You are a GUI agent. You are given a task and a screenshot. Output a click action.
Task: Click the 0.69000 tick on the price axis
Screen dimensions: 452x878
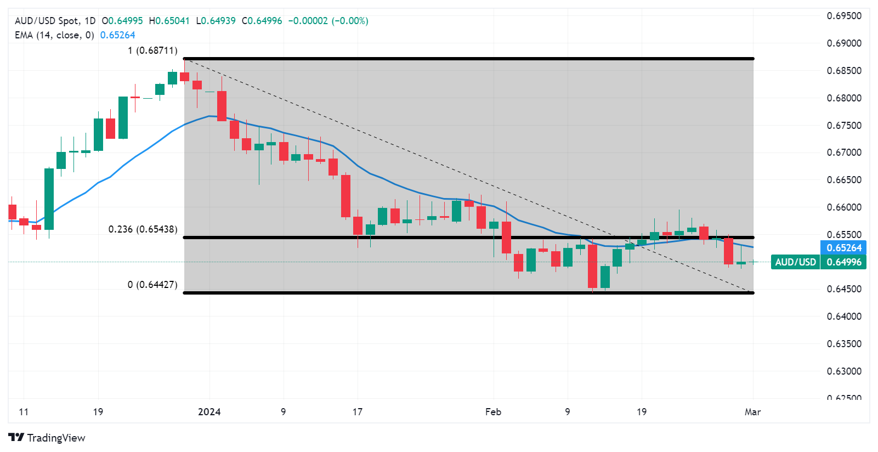point(843,43)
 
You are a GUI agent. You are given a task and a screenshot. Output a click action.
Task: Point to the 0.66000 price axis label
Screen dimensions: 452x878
point(843,207)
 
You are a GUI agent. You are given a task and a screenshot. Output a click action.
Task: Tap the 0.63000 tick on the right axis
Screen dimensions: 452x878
point(843,371)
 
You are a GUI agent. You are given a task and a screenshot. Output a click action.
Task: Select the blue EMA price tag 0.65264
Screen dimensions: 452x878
point(843,248)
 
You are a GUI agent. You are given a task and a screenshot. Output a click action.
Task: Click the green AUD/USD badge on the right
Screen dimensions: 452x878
point(795,262)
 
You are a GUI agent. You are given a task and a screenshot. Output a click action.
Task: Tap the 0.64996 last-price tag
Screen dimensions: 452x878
point(843,262)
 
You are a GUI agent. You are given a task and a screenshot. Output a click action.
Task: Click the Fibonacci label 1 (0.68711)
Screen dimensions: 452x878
point(152,50)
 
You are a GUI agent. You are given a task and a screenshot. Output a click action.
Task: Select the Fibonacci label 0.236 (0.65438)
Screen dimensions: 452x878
point(143,229)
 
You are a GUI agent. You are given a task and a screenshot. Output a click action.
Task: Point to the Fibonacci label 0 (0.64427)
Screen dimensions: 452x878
point(152,285)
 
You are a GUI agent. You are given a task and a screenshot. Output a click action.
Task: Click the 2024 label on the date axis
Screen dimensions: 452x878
point(209,412)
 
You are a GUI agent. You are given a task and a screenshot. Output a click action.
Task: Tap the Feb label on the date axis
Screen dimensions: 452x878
point(493,412)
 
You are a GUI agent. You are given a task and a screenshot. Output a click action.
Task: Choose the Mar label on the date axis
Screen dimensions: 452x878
point(752,412)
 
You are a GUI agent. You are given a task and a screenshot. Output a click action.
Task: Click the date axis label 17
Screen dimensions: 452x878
point(358,412)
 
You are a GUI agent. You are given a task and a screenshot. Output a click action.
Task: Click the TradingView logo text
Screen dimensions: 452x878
point(56,438)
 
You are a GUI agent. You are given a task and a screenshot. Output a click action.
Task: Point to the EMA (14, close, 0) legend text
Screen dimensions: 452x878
point(54,35)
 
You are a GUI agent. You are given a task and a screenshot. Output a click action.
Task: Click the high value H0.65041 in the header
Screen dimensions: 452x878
point(169,21)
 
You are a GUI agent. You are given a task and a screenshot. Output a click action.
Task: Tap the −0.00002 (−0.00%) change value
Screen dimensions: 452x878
point(328,21)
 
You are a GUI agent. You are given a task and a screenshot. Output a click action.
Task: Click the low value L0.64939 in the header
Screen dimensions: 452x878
point(216,21)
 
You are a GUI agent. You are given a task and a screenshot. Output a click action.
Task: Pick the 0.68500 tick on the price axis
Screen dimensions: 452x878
point(843,71)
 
